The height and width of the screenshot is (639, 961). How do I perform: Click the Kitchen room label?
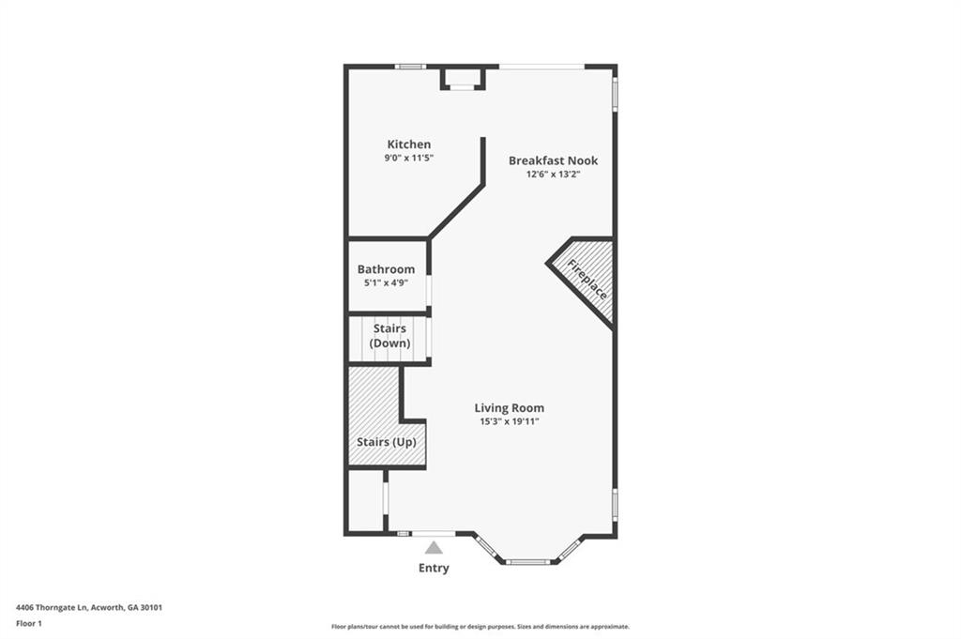tap(409, 145)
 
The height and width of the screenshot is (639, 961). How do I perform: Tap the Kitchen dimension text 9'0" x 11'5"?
tap(409, 158)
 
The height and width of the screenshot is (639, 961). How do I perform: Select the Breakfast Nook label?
tap(553, 160)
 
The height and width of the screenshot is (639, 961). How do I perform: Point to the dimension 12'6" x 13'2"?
tap(553, 174)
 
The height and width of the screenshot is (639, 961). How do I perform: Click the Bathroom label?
tap(386, 269)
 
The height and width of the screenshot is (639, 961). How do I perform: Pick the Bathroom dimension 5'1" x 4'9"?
tap(386, 283)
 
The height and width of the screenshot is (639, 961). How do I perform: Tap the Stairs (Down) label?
tap(389, 336)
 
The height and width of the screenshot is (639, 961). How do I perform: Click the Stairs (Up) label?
tap(387, 442)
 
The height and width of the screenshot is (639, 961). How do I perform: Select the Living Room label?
tap(510, 408)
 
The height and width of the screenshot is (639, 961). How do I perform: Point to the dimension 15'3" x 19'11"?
tap(510, 421)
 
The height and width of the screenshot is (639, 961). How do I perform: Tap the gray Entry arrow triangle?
tap(434, 548)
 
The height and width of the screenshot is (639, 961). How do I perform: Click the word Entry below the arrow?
tap(434, 569)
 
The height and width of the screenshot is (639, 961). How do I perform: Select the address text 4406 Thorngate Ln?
tap(53, 608)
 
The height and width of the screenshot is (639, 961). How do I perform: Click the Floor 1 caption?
tap(29, 624)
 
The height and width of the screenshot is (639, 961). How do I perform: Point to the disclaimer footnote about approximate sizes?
tap(480, 627)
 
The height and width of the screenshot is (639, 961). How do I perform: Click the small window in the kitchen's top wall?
tap(410, 67)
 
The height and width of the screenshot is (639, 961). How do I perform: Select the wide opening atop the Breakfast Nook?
tap(542, 67)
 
